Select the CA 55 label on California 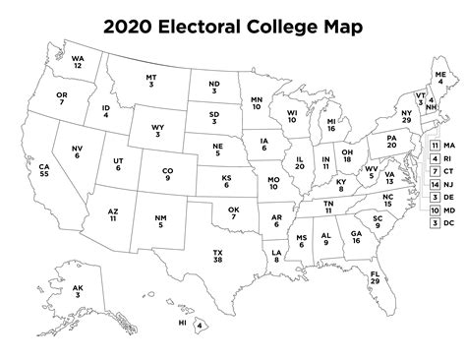[44, 173]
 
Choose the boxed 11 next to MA [435, 146]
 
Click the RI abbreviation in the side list [450, 158]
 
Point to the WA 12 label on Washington [77, 62]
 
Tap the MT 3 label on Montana [151, 81]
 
